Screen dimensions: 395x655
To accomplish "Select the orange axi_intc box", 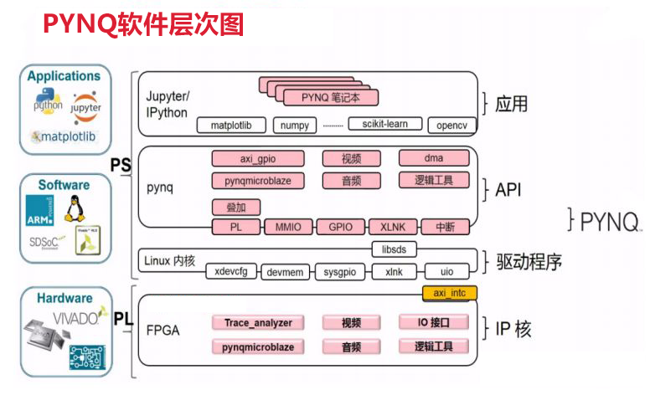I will click(x=448, y=294).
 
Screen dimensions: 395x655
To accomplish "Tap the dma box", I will click(x=434, y=158).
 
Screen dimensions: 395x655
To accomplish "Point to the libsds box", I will click(x=400, y=249).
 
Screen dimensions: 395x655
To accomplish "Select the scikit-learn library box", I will click(x=379, y=125).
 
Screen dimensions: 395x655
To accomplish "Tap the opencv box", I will click(x=451, y=126).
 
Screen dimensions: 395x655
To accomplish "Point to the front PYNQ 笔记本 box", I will click(x=329, y=98).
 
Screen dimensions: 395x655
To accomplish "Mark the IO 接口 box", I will click(x=434, y=323).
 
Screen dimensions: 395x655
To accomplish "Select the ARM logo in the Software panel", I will click(x=41, y=210).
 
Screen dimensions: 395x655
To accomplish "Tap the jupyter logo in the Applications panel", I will click(x=86, y=105).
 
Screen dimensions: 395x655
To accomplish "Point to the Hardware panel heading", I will click(x=64, y=298).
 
